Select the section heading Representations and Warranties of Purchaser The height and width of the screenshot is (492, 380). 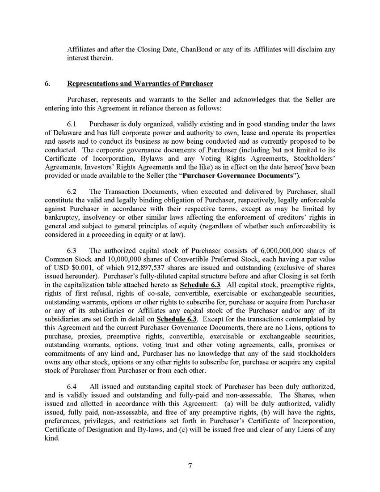[140, 84]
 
